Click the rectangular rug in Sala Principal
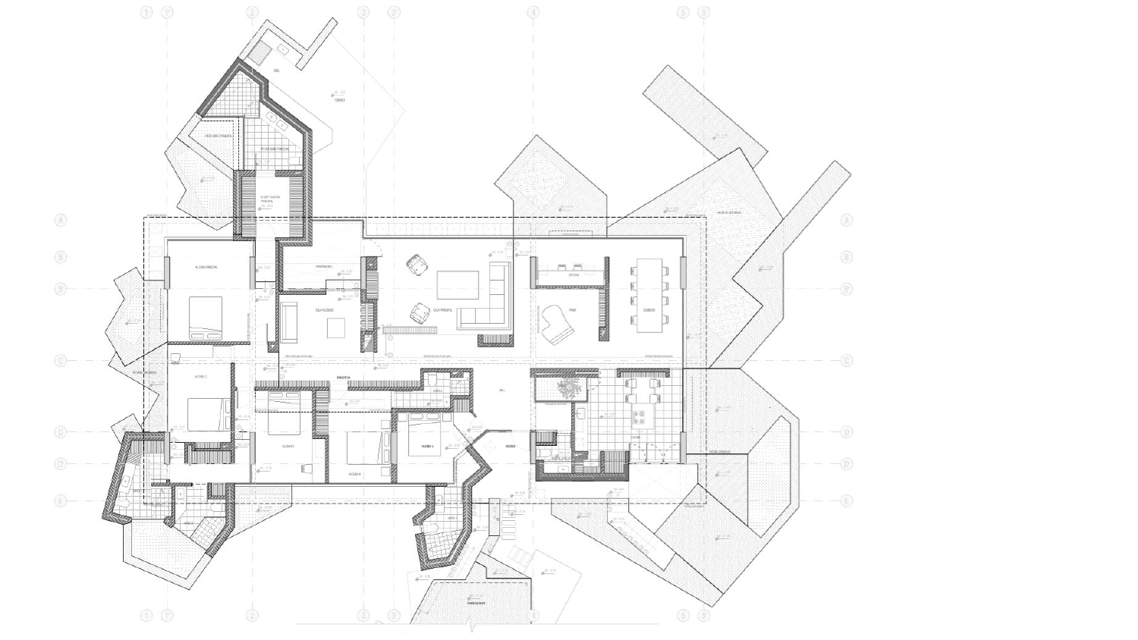(x=457, y=284)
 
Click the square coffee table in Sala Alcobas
(x=336, y=327)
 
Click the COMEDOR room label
(x=649, y=309)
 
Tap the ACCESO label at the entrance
(x=511, y=446)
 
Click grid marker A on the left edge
(x=61, y=221)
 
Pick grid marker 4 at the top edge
(x=533, y=12)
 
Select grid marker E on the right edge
(x=847, y=501)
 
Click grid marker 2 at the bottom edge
(x=252, y=615)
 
